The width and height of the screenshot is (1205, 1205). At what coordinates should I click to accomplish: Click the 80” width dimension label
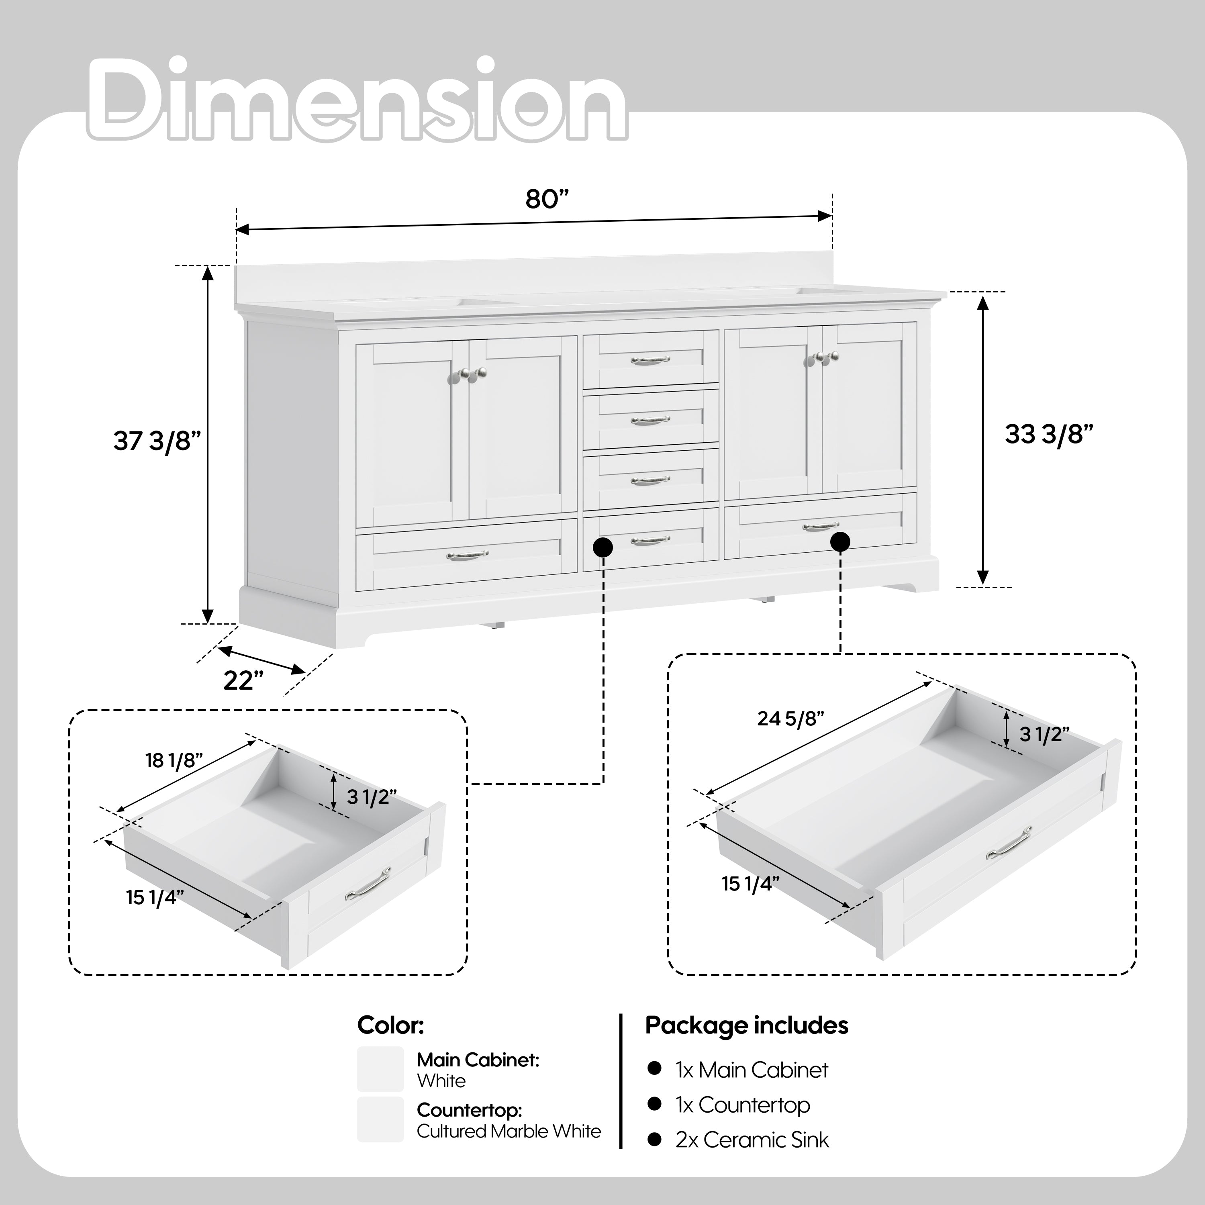pos(547,200)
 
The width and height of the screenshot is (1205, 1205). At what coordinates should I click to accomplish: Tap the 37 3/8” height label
pos(157,441)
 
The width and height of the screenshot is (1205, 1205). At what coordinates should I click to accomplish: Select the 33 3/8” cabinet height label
pos(1049,434)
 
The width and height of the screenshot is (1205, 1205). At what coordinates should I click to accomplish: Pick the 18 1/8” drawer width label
pos(174,761)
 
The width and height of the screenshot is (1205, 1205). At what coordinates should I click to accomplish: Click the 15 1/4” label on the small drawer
pos(155,898)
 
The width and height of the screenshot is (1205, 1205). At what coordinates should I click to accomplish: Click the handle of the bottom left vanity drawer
pos(467,554)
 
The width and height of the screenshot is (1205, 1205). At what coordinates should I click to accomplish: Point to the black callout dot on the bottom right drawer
pos(840,542)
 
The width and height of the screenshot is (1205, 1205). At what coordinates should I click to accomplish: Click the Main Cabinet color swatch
pos(380,1069)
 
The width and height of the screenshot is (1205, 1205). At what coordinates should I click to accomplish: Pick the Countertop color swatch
pos(380,1119)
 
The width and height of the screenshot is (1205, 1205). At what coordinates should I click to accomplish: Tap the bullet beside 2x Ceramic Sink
pos(654,1140)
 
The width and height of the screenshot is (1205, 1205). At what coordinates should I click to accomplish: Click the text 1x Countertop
pos(742,1105)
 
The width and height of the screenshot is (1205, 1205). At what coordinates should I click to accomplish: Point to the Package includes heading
pos(747,1025)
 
